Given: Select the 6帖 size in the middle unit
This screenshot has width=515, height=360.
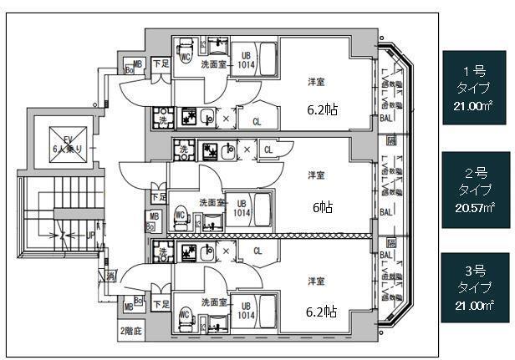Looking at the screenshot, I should click(x=321, y=208).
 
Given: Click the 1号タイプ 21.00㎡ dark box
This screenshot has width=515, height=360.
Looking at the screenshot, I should click(x=476, y=88).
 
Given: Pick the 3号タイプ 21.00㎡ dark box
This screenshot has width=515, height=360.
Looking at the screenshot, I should click(x=476, y=287).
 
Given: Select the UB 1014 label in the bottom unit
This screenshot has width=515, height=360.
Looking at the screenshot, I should click(x=245, y=312).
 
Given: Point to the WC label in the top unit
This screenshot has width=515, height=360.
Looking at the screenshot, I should click(x=186, y=58).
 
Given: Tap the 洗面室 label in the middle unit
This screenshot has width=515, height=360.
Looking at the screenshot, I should click(x=211, y=202).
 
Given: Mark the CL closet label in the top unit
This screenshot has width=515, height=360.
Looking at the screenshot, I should click(x=257, y=122).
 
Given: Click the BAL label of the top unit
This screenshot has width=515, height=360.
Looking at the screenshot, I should click(x=386, y=119).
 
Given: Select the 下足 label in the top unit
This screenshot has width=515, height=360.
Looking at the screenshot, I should click(x=161, y=63).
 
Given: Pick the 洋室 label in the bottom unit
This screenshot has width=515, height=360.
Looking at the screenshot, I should click(x=316, y=280).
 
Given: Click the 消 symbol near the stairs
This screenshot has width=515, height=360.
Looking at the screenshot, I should click(x=110, y=276).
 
